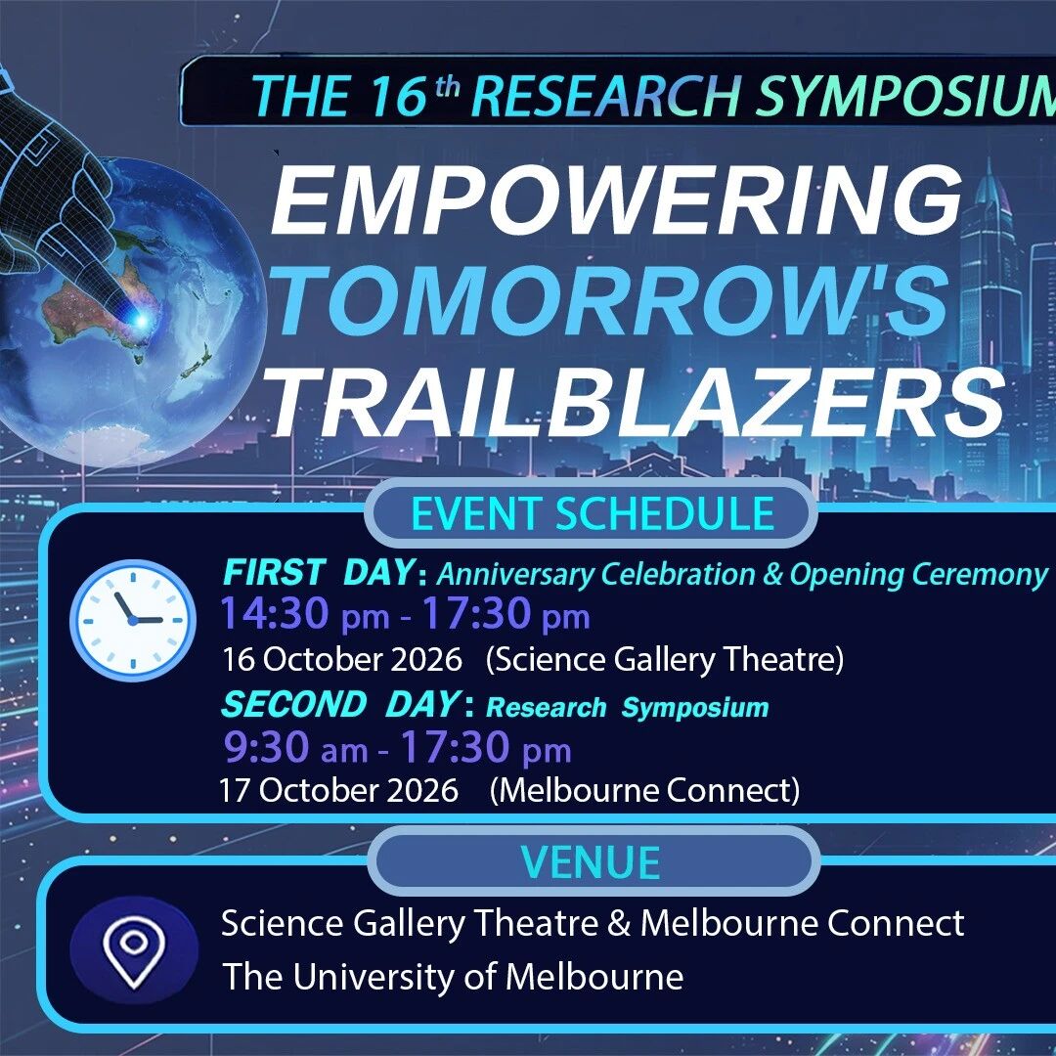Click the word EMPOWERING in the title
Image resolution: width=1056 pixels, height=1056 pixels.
point(616,198)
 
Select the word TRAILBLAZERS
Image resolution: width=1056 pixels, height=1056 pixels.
point(637,402)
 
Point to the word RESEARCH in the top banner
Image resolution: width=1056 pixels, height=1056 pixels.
point(606,96)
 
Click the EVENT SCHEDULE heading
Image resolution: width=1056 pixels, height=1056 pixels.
point(592,513)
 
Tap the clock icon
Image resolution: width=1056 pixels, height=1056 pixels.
point(133,620)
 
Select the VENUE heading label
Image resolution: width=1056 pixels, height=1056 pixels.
point(591,861)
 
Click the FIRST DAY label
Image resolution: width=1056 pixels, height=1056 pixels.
point(318,572)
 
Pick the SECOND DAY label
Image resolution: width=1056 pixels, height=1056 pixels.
point(341,704)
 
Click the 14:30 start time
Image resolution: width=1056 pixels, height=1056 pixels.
point(275,613)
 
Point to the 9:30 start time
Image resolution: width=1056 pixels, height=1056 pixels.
point(267,747)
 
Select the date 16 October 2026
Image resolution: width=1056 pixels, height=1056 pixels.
point(342,659)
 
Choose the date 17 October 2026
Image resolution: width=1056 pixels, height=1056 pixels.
point(338,789)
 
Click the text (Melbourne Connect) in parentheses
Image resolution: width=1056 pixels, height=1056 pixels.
point(644,790)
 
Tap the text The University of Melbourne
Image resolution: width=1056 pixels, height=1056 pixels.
point(453,977)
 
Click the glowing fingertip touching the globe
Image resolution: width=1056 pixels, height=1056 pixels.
point(140,319)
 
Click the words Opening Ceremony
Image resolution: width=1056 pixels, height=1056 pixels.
point(918,574)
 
